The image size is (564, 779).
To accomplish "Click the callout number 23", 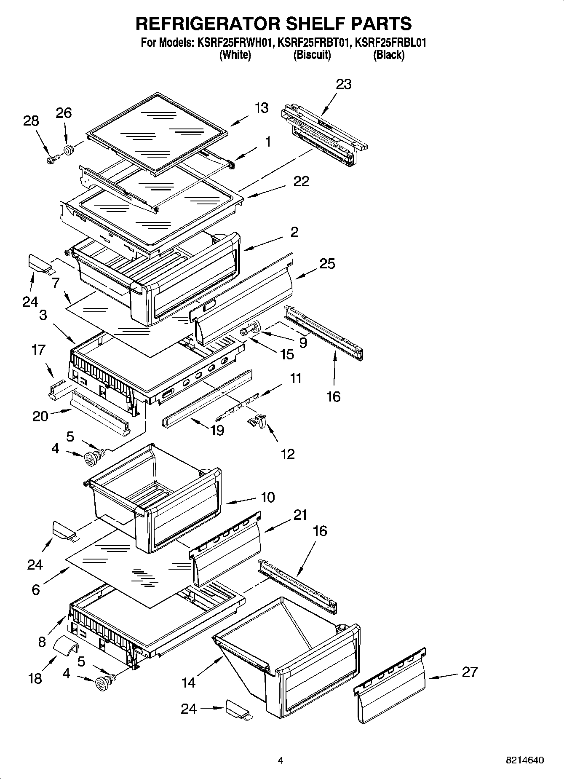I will (344, 84).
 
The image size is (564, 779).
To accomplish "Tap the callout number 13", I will (262, 108).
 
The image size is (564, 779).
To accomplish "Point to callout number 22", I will (301, 182).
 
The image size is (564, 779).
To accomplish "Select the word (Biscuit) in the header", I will (312, 55).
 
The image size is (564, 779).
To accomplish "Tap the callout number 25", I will (327, 264).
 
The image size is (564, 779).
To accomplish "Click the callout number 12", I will (288, 454).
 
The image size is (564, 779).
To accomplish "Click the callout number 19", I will (217, 430).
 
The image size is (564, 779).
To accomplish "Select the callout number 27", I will (469, 672).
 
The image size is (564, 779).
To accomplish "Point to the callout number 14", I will (188, 682).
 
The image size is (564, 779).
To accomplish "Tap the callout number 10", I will (267, 497).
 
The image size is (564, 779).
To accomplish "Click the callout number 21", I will (300, 515).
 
